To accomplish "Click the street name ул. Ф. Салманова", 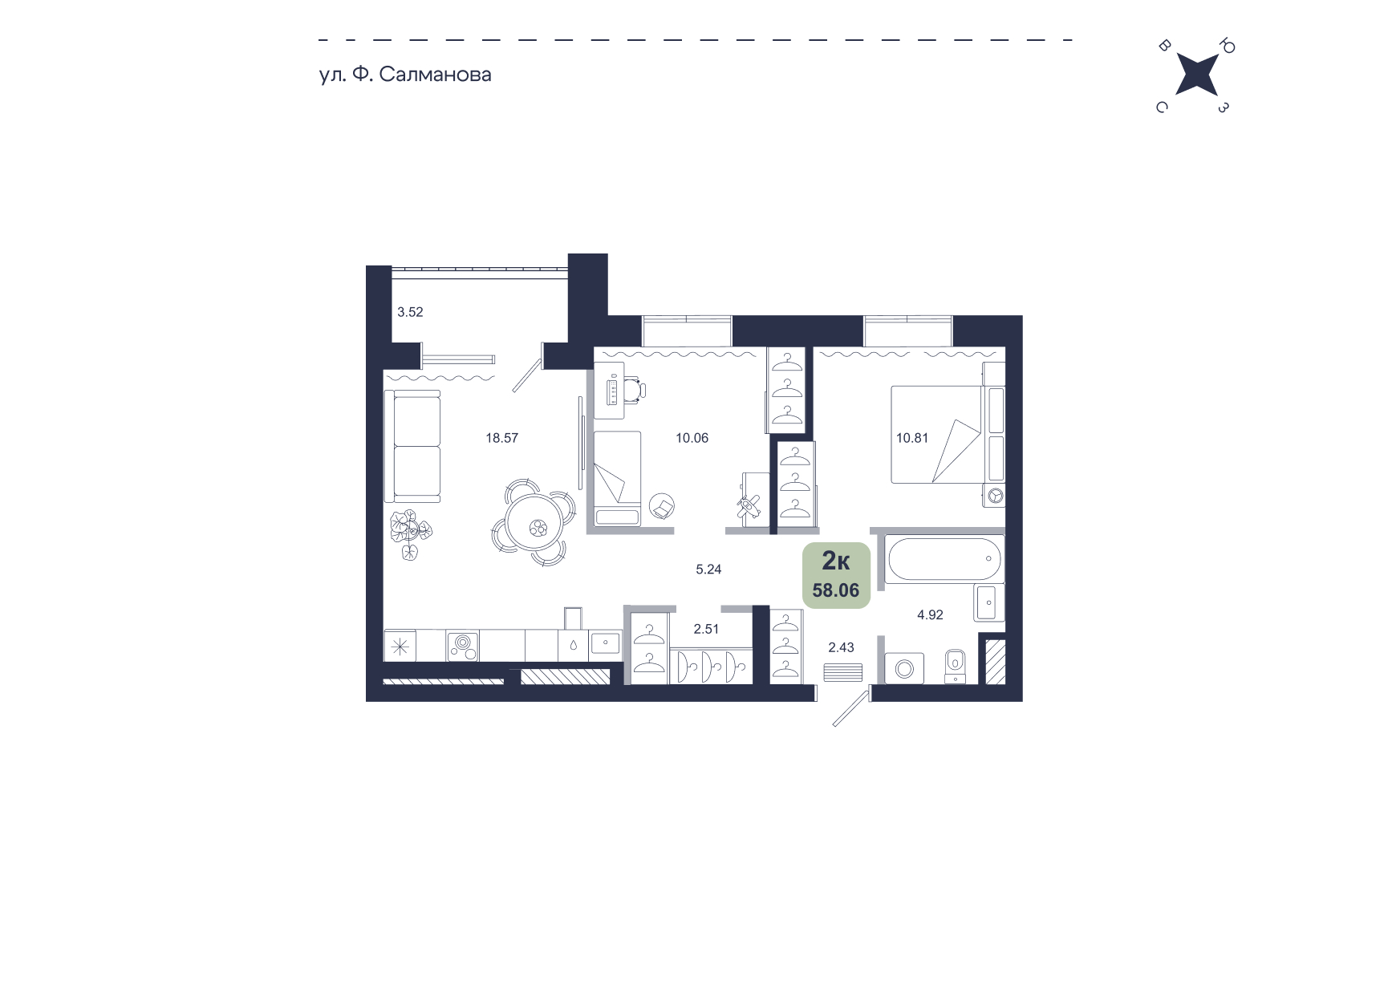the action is pos(405,75).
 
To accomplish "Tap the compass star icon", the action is pos(1196,75).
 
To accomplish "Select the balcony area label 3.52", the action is pos(410,312).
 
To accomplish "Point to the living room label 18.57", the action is pos(501,438).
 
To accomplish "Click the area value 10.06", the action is pos(692,438).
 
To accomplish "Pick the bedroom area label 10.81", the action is pos(912,438).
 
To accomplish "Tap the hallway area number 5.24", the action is pos(708,570).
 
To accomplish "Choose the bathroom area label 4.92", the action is pos(930,615).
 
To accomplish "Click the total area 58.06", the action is pos(836,590).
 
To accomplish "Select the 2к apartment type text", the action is pos(836,560).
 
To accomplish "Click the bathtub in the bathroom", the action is pos(944,558).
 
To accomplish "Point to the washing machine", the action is pos(904,668).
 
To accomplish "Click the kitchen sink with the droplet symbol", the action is pos(573,644).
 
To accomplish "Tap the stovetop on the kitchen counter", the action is pos(464,646).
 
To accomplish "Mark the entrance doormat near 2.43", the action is pos(843,672).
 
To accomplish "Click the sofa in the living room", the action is pos(412,446).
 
